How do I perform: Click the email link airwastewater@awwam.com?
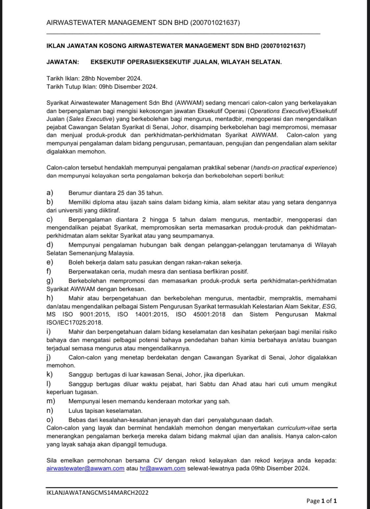(86, 469)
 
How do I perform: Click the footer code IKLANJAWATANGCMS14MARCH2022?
(98, 493)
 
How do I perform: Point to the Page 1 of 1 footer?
(321, 501)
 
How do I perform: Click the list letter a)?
(50, 193)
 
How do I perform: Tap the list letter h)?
(50, 298)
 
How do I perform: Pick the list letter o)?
(50, 420)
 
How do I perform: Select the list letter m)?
(51, 401)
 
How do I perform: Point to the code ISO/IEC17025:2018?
(75, 322)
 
